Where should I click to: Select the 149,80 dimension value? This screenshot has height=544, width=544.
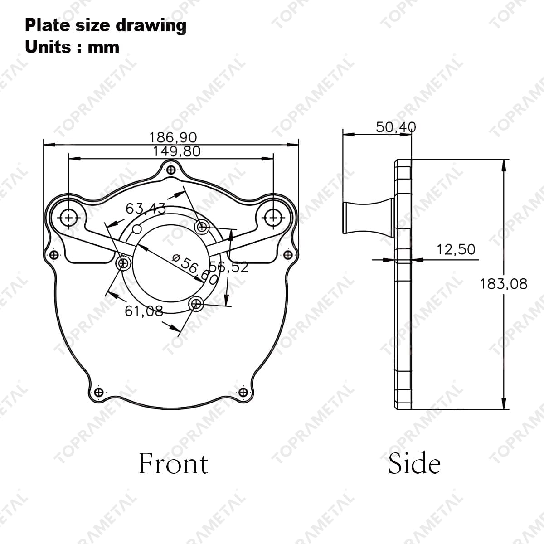176,151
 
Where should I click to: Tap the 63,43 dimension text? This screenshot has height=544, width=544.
146,209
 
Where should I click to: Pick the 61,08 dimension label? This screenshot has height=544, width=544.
143,311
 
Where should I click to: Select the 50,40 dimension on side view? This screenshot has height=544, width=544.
395,127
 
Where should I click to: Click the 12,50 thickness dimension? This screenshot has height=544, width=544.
456,249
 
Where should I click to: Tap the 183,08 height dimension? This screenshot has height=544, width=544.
504,284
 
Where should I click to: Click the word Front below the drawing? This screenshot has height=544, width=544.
173,463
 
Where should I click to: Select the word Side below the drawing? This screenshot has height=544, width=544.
414,463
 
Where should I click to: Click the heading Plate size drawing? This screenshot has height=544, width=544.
105,25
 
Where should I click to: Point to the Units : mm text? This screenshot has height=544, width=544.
72,47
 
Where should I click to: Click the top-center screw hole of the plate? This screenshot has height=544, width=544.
171,170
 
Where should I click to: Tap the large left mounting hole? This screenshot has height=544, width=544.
69,218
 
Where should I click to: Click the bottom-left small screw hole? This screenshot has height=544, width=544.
98,392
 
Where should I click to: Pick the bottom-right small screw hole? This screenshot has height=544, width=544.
243,392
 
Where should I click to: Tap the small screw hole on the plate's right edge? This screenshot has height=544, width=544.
287,255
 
